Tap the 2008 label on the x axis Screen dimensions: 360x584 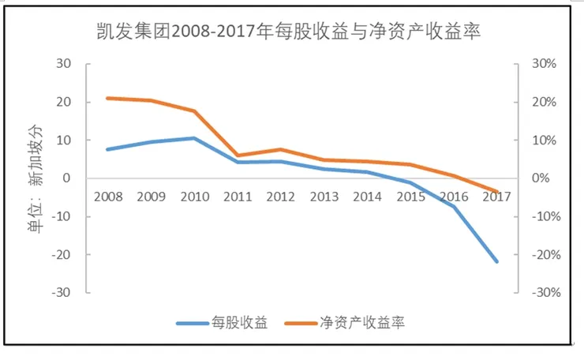click(107, 194)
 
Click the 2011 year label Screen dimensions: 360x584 click(238, 194)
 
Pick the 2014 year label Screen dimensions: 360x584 click(367, 194)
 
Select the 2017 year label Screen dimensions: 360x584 click(497, 194)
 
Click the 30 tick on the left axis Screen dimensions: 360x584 click(64, 64)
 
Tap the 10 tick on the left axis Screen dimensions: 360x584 click(64, 141)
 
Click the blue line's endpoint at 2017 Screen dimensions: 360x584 click(497, 261)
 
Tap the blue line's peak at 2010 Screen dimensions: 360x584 click(194, 138)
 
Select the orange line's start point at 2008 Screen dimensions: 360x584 click(107, 98)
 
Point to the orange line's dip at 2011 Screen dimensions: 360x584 click(238, 156)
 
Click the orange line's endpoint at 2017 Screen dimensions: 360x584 click(497, 192)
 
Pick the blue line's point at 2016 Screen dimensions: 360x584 click(454, 206)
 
